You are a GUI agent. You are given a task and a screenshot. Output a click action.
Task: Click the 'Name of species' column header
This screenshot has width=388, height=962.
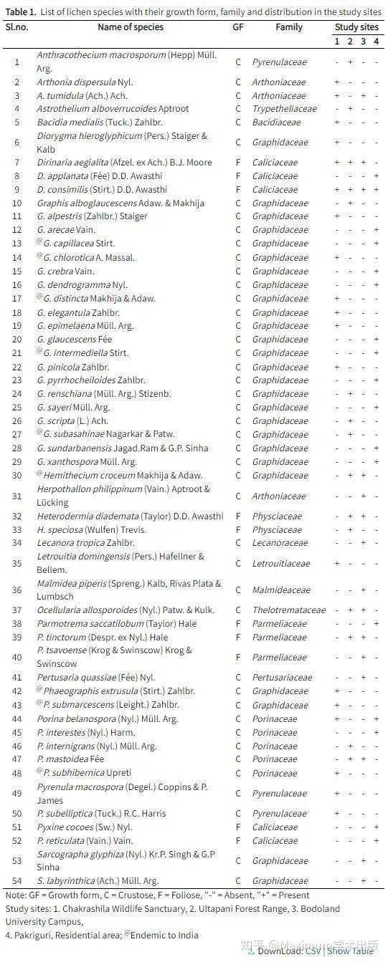[x=131, y=27]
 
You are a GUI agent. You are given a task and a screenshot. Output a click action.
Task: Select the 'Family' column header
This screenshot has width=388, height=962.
[x=289, y=27]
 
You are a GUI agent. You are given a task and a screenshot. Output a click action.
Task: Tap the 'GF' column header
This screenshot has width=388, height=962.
[x=238, y=27]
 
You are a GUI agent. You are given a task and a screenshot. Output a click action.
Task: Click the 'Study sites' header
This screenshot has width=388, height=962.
[x=356, y=27]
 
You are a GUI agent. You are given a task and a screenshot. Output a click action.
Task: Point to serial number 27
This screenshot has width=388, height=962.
[x=17, y=434]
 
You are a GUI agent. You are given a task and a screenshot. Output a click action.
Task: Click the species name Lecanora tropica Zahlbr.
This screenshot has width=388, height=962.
[x=85, y=543]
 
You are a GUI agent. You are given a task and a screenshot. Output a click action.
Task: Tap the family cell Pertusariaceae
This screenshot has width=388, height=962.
[x=282, y=678]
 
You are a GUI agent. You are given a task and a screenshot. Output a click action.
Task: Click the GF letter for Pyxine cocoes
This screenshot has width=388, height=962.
[x=238, y=827]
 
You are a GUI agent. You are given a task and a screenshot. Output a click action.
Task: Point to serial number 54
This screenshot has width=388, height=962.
[x=17, y=880]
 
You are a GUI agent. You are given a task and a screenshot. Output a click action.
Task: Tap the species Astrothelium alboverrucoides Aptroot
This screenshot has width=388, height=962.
[x=113, y=109]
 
